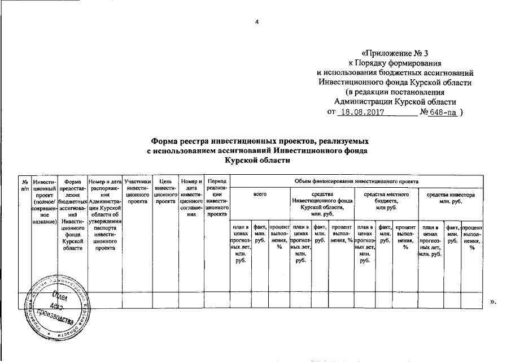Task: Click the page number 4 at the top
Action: [257, 21]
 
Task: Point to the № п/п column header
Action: [25, 184]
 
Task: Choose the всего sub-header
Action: [260, 195]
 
